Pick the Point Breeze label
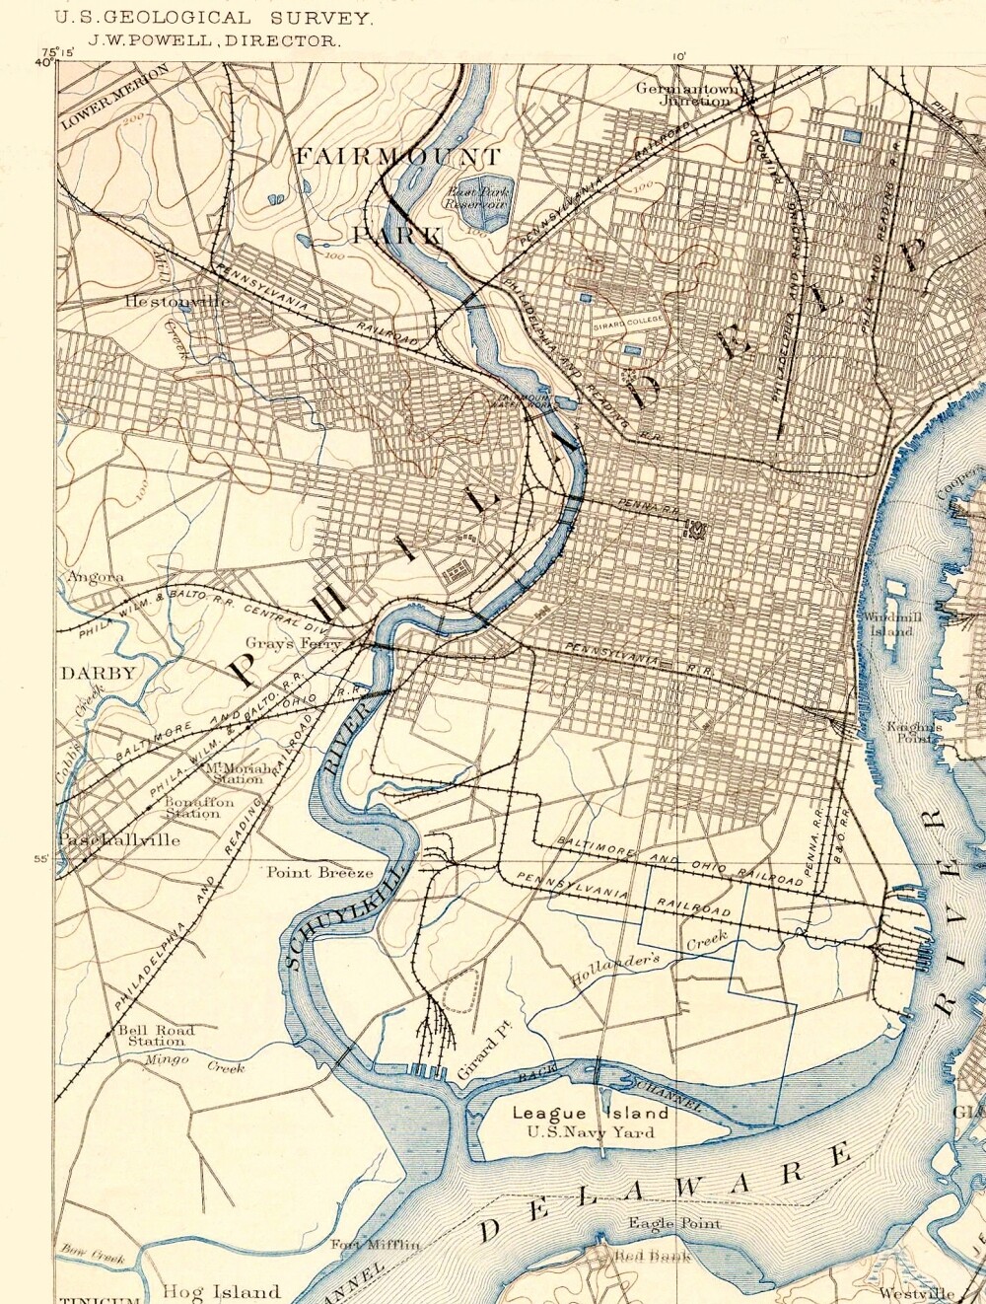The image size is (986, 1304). (320, 872)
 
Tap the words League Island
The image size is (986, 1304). (590, 1113)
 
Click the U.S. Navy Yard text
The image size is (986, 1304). (590, 1132)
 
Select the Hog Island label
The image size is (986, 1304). (221, 1291)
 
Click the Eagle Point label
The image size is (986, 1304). (674, 1224)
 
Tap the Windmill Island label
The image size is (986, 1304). (890, 623)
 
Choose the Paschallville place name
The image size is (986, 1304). (119, 840)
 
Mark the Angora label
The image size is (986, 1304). (96, 577)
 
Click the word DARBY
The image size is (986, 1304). (98, 674)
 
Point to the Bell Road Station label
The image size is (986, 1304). (156, 1035)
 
